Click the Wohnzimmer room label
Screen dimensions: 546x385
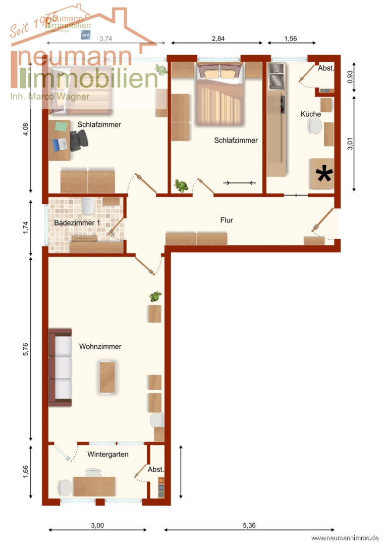(100, 347)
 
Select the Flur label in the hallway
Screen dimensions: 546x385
(227, 220)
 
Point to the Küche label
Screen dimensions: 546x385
(310, 114)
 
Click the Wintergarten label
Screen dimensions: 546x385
(107, 454)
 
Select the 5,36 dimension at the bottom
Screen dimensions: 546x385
(248, 525)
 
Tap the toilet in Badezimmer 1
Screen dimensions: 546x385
(88, 205)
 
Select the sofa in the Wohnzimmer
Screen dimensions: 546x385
(60, 367)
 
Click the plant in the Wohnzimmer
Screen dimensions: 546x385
(155, 297)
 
